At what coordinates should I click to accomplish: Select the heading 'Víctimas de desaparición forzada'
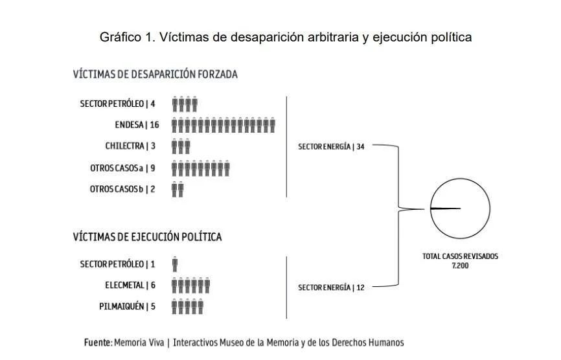pyautogui.click(x=155, y=74)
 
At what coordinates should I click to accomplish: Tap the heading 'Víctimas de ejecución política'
pyautogui.click(x=148, y=237)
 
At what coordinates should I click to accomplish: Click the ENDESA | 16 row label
pyautogui.click(x=137, y=125)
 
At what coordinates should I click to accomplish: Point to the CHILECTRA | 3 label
pyautogui.click(x=130, y=146)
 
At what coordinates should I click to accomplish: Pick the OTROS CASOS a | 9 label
pyautogui.click(x=122, y=168)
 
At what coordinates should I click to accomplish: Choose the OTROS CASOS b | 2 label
pyautogui.click(x=122, y=189)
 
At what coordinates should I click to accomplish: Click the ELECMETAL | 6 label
pyautogui.click(x=130, y=286)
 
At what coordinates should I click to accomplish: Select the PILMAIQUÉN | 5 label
pyautogui.click(x=128, y=306)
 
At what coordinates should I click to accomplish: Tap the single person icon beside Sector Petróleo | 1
pyautogui.click(x=175, y=264)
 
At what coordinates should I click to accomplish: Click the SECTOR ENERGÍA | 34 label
pyautogui.click(x=331, y=146)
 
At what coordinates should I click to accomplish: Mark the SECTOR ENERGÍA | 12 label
pyautogui.click(x=331, y=287)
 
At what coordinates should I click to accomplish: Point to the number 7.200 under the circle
pyautogui.click(x=460, y=265)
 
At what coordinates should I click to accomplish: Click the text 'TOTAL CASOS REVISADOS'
pyautogui.click(x=460, y=256)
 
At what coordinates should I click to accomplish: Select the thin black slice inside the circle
pyautogui.click(x=445, y=208)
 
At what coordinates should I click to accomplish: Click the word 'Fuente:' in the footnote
pyautogui.click(x=98, y=343)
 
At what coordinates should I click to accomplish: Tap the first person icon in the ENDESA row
pyautogui.click(x=175, y=125)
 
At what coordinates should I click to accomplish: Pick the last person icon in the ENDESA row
pyautogui.click(x=272, y=125)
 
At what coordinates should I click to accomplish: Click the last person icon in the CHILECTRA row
pyautogui.click(x=187, y=146)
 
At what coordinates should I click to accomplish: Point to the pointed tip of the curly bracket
pyautogui.click(x=424, y=208)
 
